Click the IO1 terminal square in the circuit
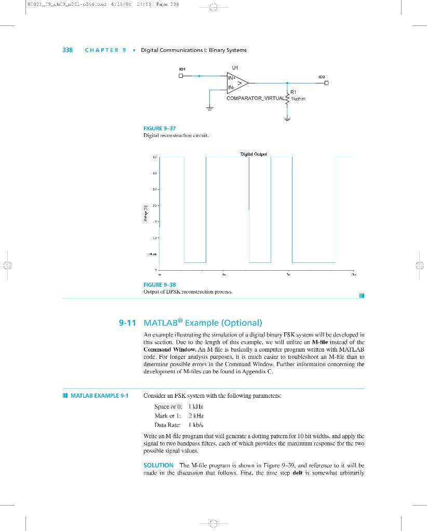click(181, 76)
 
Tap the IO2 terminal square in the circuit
click(327, 82)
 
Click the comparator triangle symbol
click(238, 82)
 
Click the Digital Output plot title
click(253, 153)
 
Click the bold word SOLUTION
click(158, 465)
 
